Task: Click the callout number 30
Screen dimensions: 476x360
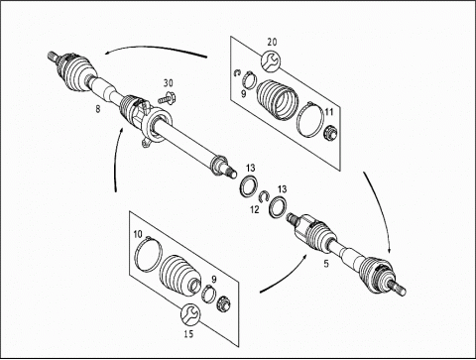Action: [x=169, y=83]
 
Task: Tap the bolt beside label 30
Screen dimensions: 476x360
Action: [x=168, y=98]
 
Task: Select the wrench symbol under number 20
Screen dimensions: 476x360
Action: [x=271, y=60]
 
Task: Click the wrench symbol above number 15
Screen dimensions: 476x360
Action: [x=190, y=314]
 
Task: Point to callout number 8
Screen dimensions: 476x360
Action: [x=98, y=108]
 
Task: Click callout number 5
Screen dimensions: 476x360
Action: [x=326, y=264]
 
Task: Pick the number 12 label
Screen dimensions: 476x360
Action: [x=255, y=209]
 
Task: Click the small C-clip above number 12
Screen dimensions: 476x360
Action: [x=263, y=196]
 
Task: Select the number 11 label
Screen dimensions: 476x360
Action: [x=329, y=112]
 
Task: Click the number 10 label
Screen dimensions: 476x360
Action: [x=138, y=234]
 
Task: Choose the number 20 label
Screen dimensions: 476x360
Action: [x=272, y=42]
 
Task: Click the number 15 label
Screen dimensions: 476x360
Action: [x=188, y=334]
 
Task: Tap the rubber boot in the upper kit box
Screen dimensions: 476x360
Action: [x=278, y=99]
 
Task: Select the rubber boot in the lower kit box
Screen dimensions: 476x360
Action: [x=180, y=274]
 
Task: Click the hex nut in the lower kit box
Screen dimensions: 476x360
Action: [x=224, y=303]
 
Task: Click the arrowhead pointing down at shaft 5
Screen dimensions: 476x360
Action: [x=390, y=250]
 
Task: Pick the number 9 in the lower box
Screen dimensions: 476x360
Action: [x=214, y=280]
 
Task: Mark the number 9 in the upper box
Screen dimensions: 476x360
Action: [x=244, y=94]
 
